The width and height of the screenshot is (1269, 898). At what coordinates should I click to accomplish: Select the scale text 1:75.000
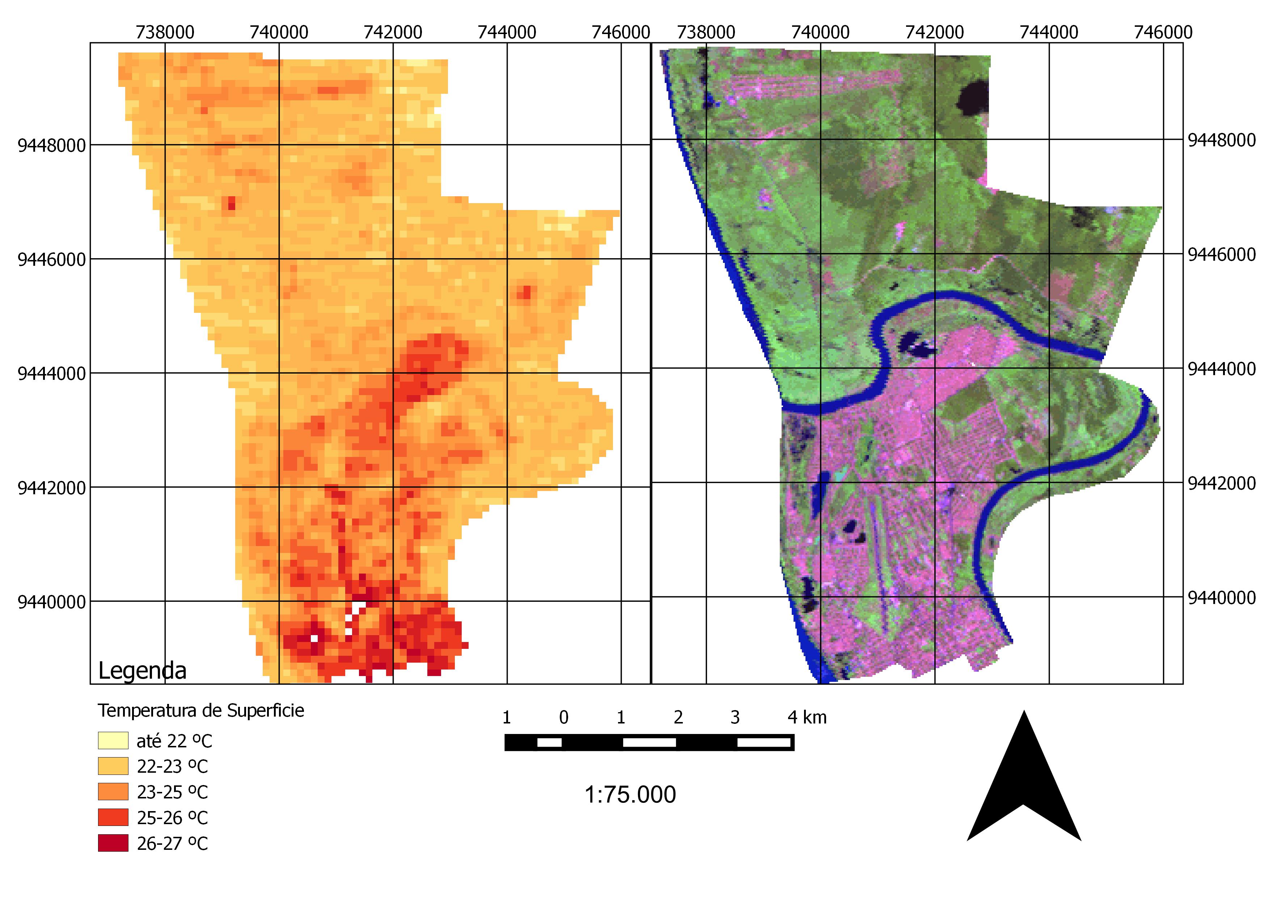click(x=630, y=794)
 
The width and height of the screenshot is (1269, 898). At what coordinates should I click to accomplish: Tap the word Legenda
click(x=142, y=671)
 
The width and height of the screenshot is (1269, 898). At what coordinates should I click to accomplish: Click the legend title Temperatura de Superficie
click(x=200, y=710)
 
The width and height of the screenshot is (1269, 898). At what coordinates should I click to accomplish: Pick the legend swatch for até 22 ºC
click(x=113, y=740)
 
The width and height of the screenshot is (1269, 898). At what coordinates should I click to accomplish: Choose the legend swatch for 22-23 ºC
click(x=113, y=766)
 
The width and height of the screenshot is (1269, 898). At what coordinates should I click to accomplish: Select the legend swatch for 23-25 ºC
click(x=113, y=792)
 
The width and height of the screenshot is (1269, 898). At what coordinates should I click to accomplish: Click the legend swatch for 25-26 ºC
click(x=113, y=817)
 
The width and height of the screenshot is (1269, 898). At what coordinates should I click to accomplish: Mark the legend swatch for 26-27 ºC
click(x=113, y=843)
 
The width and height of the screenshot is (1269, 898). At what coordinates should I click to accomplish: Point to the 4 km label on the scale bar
click(x=807, y=718)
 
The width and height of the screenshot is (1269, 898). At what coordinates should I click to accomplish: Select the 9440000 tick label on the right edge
click(x=1222, y=598)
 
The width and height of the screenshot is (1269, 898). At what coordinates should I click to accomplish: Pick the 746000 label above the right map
click(x=1163, y=32)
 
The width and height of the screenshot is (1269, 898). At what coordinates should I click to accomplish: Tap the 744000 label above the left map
click(x=507, y=32)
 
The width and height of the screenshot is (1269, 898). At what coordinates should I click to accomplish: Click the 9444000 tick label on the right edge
click(x=1222, y=369)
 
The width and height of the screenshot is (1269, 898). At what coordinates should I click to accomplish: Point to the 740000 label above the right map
click(x=820, y=32)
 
